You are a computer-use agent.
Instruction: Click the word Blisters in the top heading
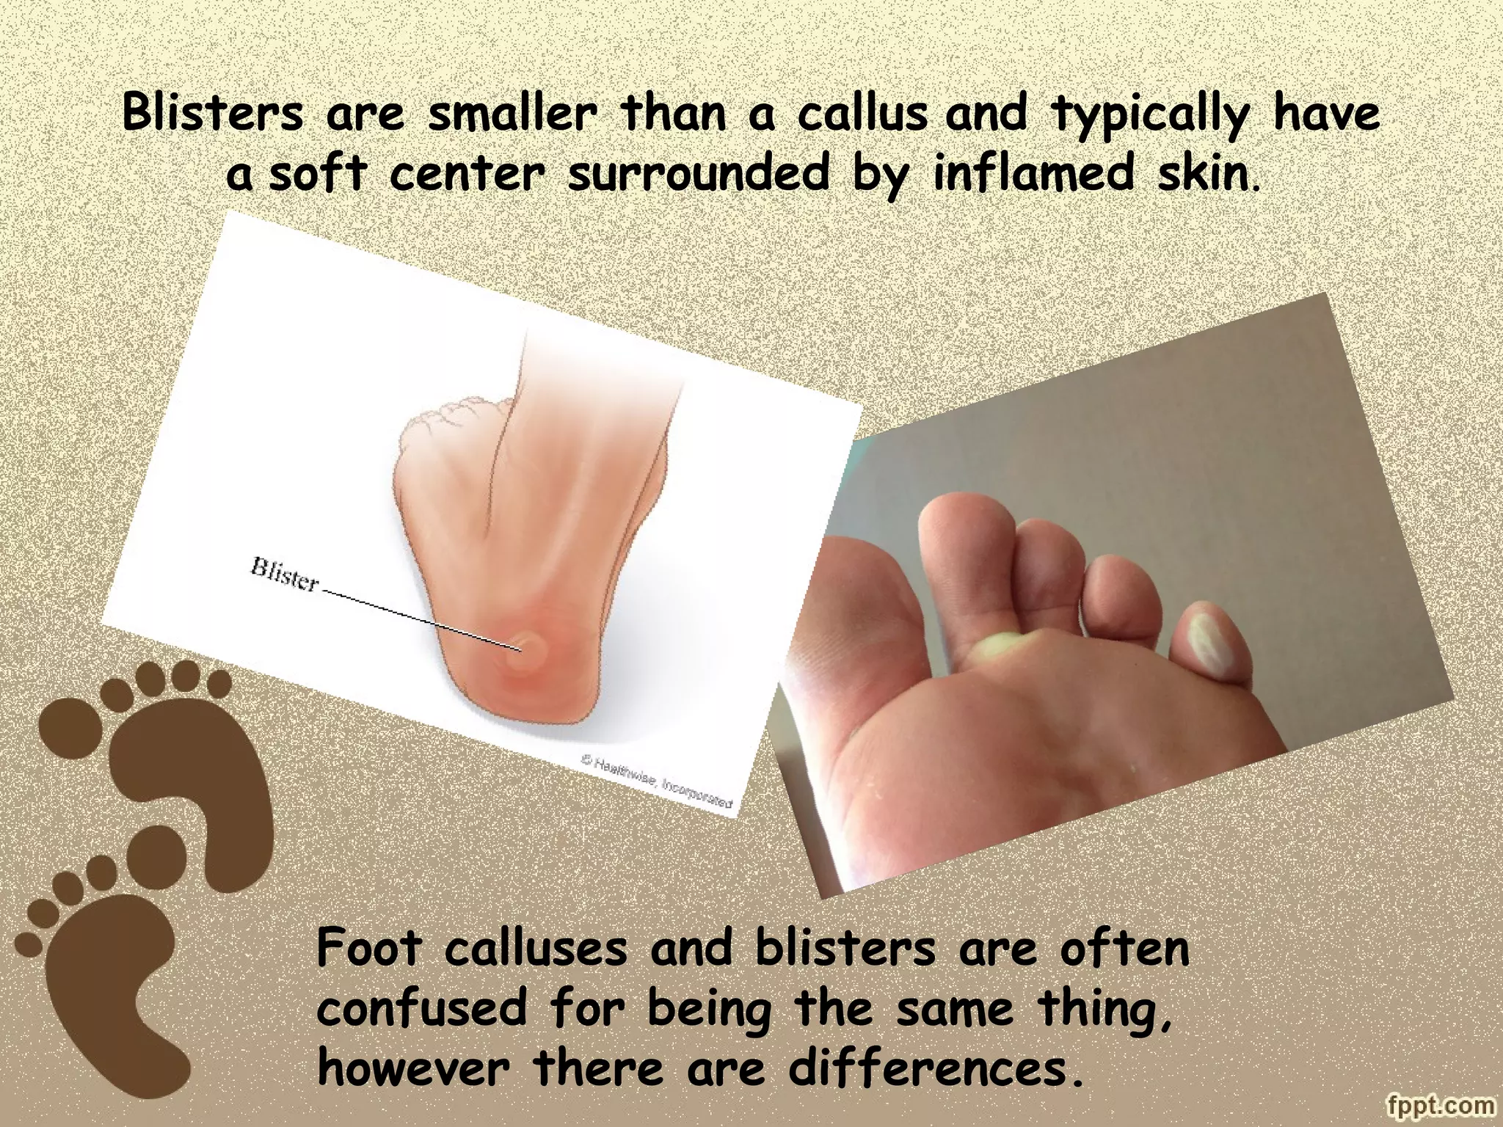[212, 114]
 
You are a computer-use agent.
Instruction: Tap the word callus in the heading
[863, 114]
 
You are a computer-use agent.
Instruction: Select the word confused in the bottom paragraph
[422, 1007]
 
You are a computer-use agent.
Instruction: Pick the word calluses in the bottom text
[536, 947]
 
